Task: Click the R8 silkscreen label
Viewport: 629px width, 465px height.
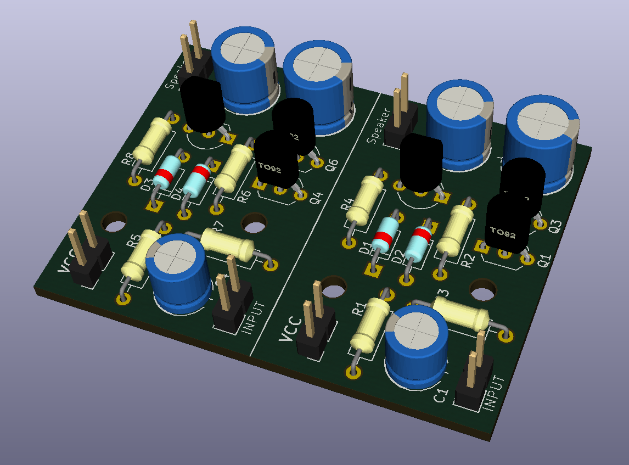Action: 127,159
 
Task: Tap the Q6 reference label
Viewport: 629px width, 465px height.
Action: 332,164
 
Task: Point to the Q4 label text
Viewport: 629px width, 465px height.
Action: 316,197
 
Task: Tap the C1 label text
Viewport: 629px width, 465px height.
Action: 441,394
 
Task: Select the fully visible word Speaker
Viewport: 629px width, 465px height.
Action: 380,125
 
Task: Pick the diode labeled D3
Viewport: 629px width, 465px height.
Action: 165,174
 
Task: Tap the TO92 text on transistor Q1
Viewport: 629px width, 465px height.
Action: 503,233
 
